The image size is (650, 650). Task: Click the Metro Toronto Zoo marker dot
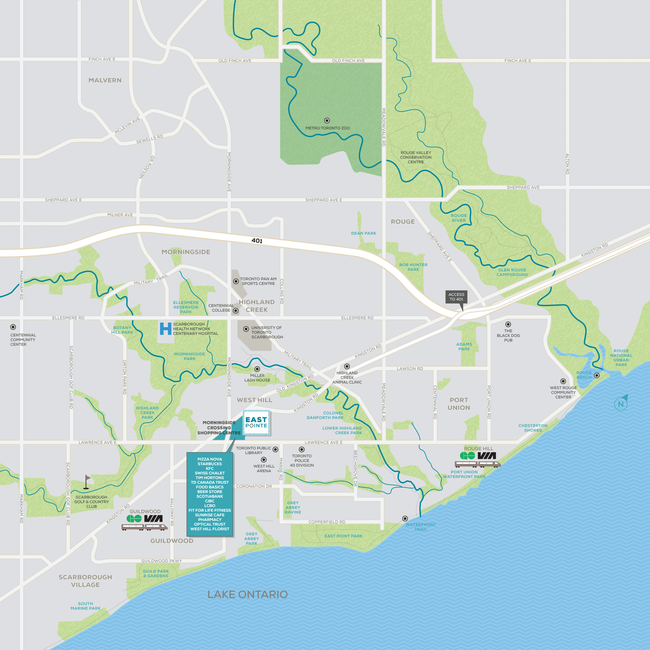[327, 120]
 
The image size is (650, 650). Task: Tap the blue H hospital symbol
[166, 329]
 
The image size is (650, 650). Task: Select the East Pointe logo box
[256, 422]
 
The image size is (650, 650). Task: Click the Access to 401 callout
[456, 297]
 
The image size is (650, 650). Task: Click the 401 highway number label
[257, 240]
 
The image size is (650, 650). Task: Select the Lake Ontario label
[248, 594]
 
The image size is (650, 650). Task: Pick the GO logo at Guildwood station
[134, 518]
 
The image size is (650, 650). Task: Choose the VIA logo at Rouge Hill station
[487, 456]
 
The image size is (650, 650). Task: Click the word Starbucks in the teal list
[210, 464]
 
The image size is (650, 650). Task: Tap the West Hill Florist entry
[210, 529]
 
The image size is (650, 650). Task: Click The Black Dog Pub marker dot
[508, 324]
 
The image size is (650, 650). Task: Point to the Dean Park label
[363, 233]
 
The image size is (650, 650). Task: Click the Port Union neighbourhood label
[459, 404]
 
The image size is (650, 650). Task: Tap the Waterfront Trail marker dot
[405, 518]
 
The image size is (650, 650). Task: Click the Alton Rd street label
[567, 164]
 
